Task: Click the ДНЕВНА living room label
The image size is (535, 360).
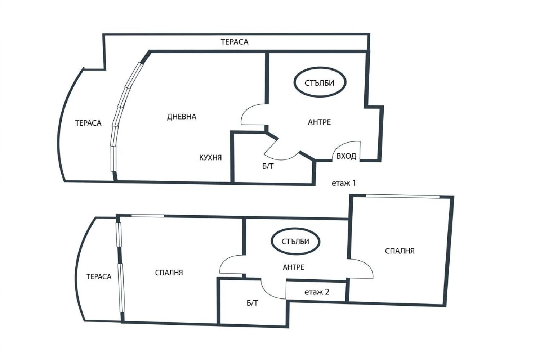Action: coord(182,117)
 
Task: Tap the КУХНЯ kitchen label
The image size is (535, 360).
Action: coord(210,158)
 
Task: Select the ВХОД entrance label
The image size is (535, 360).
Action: coord(346,156)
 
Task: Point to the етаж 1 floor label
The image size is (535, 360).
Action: coord(344,183)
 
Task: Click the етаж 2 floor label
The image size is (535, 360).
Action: coord(317,292)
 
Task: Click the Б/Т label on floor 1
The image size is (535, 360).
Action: coord(268,166)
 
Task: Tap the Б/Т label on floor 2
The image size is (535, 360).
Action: coord(252,303)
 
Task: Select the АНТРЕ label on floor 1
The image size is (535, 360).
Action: coord(319,122)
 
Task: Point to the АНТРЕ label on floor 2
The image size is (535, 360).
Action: coord(294,267)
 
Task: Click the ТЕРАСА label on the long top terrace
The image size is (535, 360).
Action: coord(235,42)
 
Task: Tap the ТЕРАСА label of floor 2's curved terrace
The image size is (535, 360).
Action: coord(99,277)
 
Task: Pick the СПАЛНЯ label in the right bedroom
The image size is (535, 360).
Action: coord(400,251)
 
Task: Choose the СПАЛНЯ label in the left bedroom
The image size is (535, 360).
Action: coord(169,273)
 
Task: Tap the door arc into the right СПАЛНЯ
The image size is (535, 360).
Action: coord(368,265)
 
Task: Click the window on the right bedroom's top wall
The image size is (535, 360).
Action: coord(402,196)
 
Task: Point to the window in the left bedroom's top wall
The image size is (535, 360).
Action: coord(148,216)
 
